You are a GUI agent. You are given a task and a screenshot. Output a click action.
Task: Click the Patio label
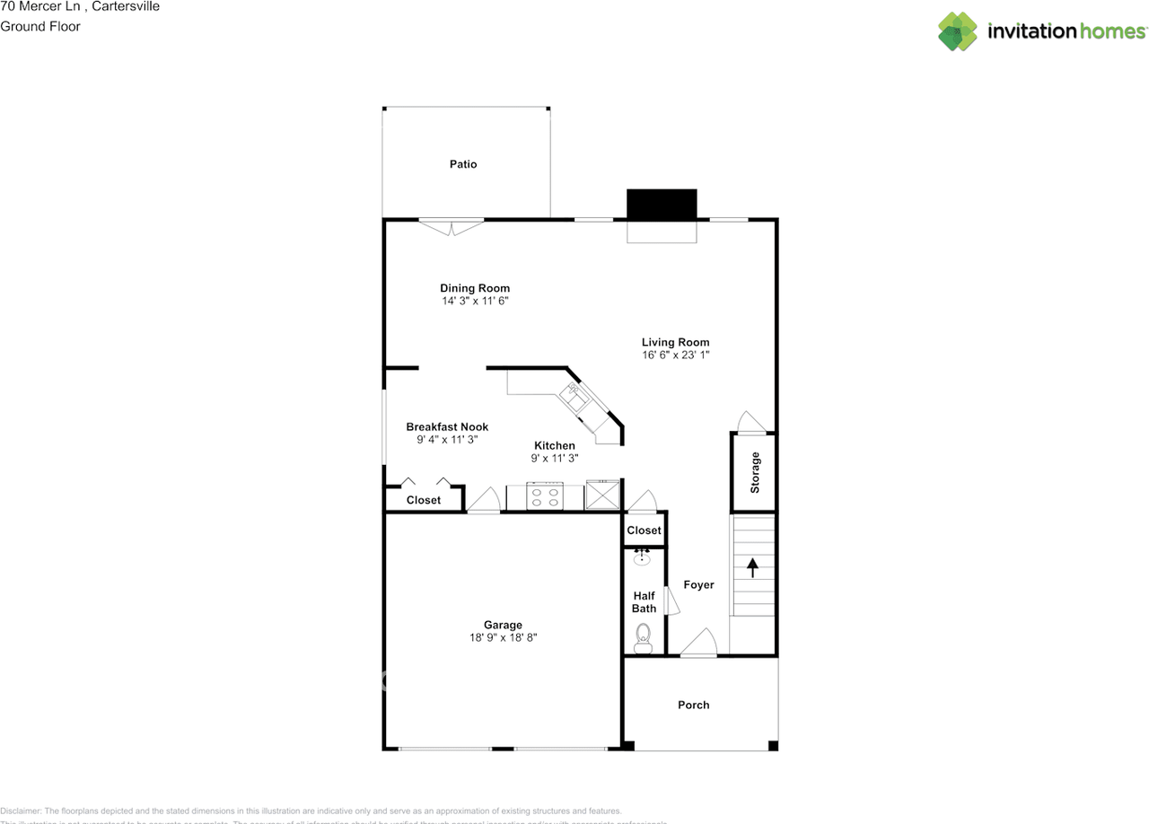coord(463,164)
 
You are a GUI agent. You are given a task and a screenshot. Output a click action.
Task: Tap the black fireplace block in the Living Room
coord(662,204)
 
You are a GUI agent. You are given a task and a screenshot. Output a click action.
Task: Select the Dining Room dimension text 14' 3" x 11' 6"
coord(475,302)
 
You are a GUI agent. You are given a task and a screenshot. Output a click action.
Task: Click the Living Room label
coord(675,342)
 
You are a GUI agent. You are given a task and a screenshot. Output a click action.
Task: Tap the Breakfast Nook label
coord(447,427)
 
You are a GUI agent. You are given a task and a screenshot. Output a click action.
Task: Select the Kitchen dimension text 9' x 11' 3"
coord(555,458)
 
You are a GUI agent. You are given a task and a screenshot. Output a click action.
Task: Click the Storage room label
coord(755,472)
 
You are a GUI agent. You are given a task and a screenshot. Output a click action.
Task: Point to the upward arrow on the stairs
coord(752,567)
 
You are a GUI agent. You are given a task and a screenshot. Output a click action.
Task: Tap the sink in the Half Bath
coord(643,558)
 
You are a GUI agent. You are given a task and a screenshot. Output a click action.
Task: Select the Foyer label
coord(698,585)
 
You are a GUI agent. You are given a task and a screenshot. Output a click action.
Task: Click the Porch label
coord(693,706)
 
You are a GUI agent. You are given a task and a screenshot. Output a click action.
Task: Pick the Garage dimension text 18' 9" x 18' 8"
coord(503,638)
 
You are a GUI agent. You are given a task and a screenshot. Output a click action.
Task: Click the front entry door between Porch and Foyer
coord(698,644)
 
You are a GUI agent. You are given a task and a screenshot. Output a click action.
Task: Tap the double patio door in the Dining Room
coord(452,226)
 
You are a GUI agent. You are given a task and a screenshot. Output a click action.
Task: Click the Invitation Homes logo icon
coord(958,31)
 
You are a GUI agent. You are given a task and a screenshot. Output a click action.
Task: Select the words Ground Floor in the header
coord(40,26)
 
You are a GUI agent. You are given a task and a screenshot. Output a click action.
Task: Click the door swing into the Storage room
coord(750,423)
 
